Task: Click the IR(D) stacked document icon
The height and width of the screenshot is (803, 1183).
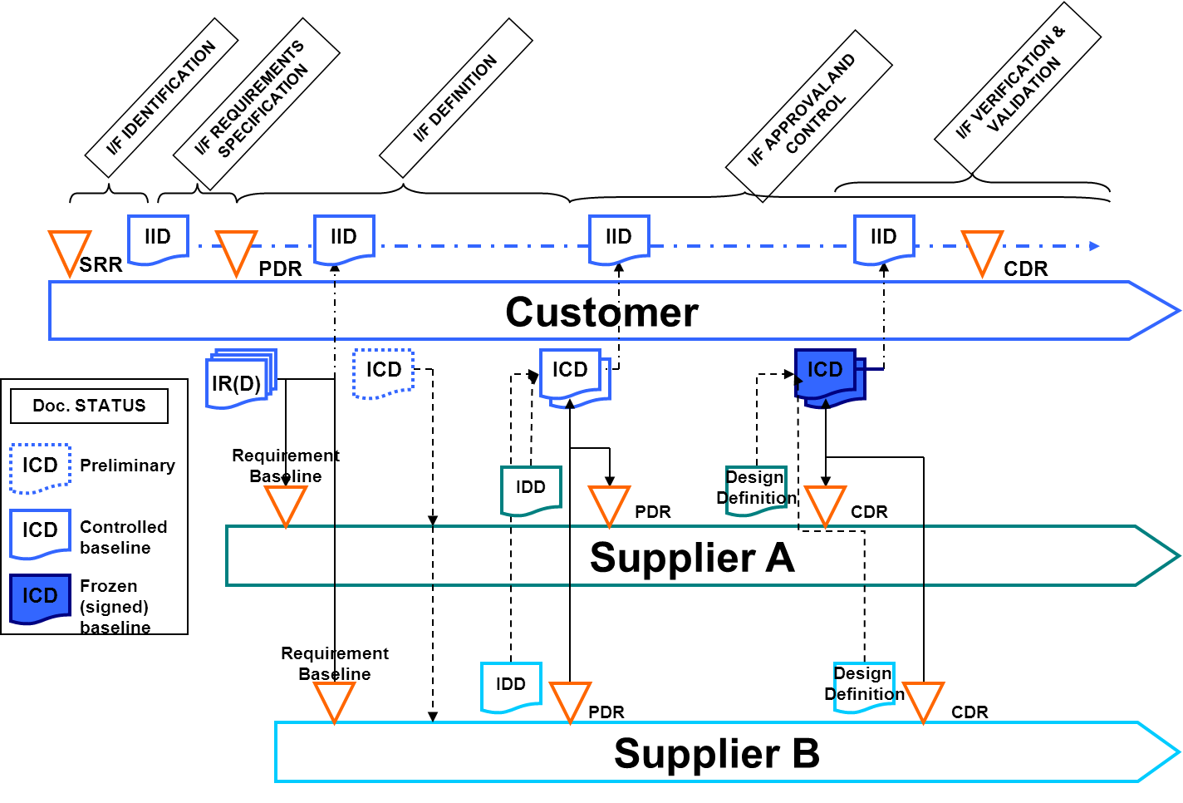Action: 238,381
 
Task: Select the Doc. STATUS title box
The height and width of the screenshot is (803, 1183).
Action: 89,406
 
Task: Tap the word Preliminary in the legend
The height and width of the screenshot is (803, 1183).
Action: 127,466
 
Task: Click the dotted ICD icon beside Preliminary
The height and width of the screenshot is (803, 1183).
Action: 40,467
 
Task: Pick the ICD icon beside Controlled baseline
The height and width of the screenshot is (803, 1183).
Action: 40,532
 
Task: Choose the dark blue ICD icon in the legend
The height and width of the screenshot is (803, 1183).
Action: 40,597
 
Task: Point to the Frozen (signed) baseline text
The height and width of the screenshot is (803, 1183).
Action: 115,607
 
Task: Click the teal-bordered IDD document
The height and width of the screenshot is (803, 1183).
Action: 531,490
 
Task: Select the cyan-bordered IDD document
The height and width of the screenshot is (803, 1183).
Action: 511,687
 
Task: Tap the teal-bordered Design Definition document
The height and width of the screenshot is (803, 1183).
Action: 755,490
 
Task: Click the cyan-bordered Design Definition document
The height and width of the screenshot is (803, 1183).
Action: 863,687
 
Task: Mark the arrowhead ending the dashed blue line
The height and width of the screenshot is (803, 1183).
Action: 1094,246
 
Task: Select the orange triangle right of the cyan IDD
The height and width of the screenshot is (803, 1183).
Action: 570,700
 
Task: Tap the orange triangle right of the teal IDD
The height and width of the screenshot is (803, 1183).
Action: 609,504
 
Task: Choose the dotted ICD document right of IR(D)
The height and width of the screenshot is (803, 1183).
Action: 383,372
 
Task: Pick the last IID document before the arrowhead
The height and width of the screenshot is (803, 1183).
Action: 884,239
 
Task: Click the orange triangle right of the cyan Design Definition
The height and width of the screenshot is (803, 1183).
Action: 923,700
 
